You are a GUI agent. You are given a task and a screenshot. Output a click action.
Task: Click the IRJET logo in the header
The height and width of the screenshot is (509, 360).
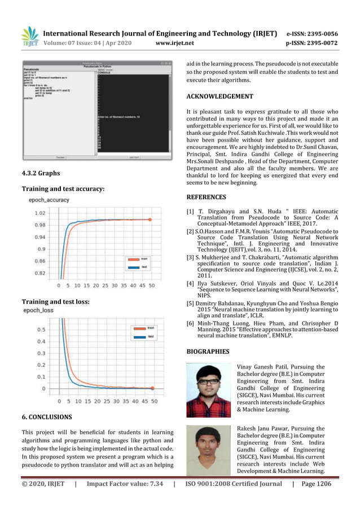point(29,36)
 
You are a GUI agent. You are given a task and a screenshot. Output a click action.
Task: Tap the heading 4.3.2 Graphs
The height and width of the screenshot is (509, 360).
point(40,173)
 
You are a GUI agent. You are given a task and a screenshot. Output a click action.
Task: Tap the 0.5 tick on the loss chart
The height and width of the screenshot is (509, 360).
point(42,330)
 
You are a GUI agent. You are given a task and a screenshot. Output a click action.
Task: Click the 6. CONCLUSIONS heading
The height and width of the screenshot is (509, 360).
point(47,417)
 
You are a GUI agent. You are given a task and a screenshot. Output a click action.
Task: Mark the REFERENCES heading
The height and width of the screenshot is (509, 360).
point(206,197)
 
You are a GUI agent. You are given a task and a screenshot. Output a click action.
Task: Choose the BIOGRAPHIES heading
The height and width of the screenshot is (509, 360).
point(208,352)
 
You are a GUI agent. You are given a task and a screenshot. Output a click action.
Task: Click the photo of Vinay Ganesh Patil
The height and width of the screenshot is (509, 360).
point(209,390)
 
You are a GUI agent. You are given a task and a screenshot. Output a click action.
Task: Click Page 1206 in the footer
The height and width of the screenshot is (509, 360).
point(317,484)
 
